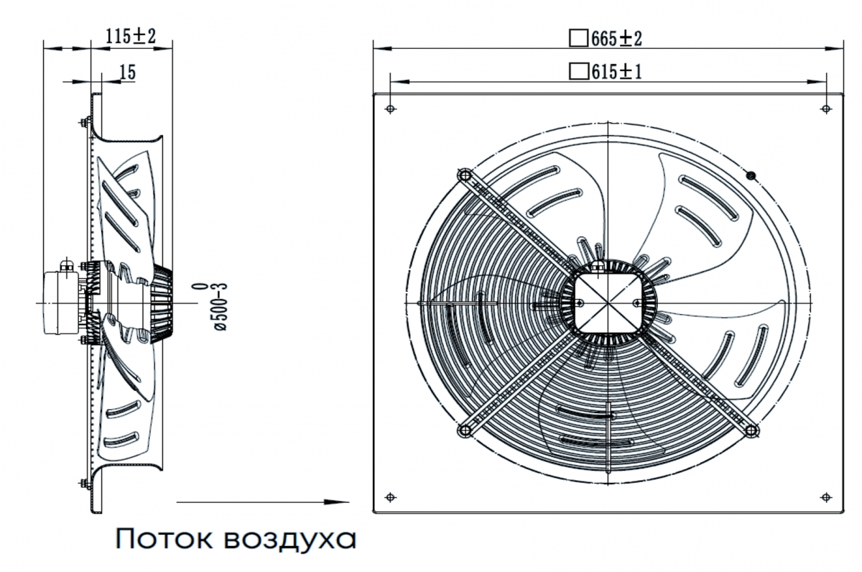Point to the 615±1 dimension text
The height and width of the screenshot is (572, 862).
(x=615, y=71)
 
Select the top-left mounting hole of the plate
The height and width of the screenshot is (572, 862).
(x=390, y=109)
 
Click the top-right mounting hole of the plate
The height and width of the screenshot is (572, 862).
(x=826, y=109)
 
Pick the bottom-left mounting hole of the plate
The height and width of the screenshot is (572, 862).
(x=390, y=497)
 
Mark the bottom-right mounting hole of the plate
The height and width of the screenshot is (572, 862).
(x=826, y=497)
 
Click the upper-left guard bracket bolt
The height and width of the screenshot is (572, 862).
(x=465, y=175)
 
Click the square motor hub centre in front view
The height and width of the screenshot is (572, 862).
(x=608, y=303)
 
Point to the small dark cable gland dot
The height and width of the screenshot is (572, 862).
(x=751, y=175)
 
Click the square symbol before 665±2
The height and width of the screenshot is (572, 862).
(x=578, y=39)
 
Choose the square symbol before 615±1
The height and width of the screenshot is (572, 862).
(x=578, y=71)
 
